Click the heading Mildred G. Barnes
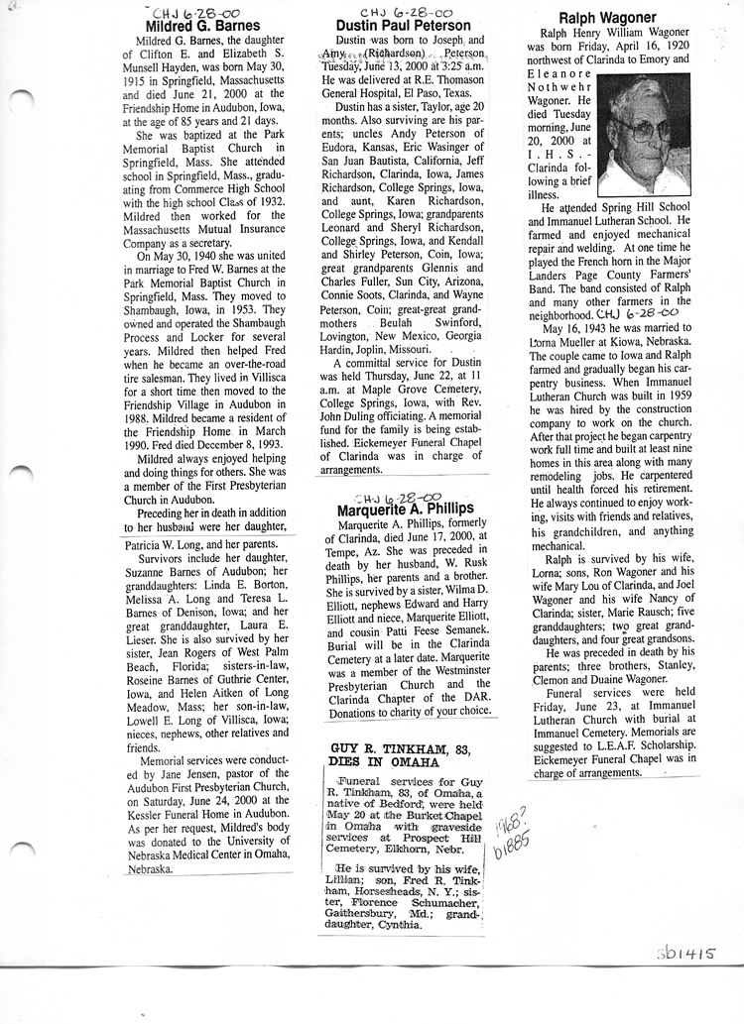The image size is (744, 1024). pyautogui.click(x=202, y=25)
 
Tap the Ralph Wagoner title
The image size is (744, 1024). pyautogui.click(x=607, y=18)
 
